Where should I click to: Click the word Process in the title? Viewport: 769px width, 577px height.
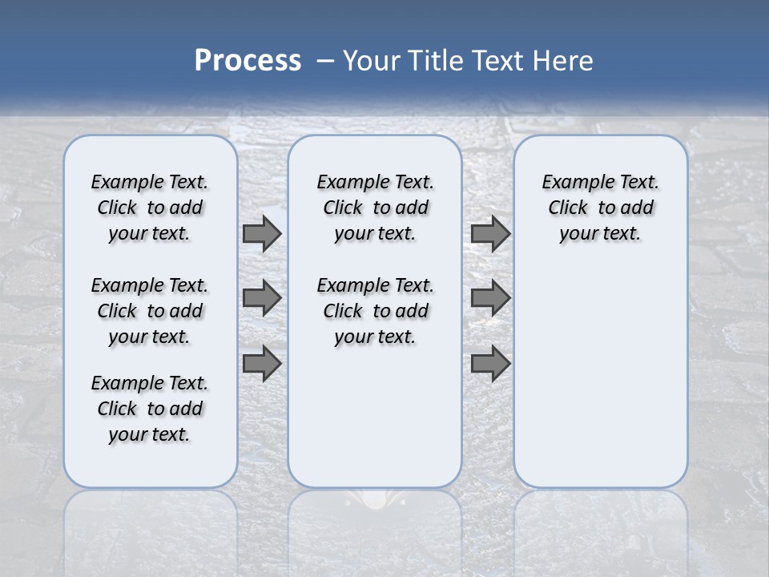click(x=248, y=61)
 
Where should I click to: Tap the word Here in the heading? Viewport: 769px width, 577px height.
click(x=562, y=61)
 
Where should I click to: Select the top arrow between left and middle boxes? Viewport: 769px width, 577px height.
click(x=262, y=234)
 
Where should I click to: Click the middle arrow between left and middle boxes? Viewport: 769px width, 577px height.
click(x=262, y=298)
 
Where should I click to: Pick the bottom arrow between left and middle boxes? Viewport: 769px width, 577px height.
click(x=262, y=363)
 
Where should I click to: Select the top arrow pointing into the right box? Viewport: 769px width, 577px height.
click(x=490, y=234)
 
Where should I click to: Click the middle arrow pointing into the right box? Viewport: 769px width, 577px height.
click(x=490, y=298)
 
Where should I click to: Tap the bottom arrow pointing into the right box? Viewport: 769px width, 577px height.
click(x=490, y=363)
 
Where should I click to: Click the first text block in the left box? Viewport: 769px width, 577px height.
click(x=150, y=208)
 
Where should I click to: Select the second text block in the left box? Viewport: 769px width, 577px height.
click(x=150, y=311)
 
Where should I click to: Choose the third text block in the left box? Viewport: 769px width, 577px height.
click(x=150, y=409)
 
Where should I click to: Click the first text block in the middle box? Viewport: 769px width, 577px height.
click(x=375, y=208)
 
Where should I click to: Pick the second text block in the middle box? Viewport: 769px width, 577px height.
click(x=375, y=311)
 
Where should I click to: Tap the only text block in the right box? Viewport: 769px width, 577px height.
click(x=600, y=208)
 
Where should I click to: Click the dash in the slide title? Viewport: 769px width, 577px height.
click(x=325, y=61)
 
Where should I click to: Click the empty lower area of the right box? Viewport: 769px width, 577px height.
click(x=600, y=377)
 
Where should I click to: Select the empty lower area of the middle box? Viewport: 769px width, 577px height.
click(x=375, y=417)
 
